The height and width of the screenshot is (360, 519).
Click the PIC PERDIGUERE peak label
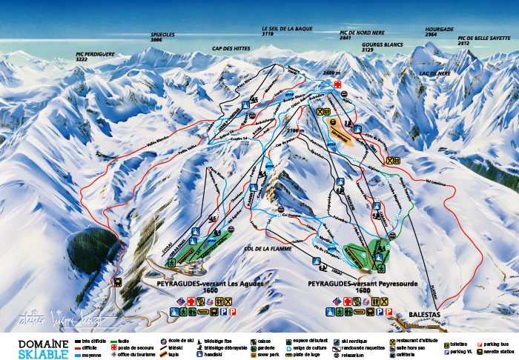(96, 56)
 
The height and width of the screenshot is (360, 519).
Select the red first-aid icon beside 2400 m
(337, 85)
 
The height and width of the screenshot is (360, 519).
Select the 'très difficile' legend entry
(90, 341)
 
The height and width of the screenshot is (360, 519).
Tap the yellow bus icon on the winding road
(118, 281)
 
